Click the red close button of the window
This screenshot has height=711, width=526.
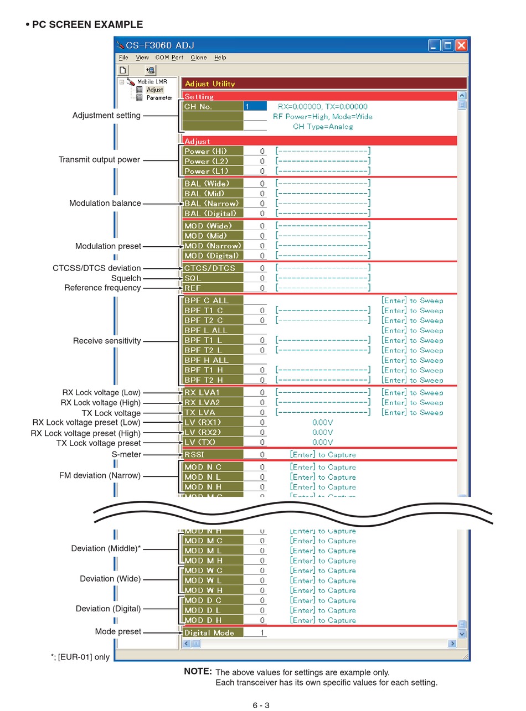click(461, 45)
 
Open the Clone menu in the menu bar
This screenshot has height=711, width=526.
click(198, 57)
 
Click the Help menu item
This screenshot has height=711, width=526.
click(220, 57)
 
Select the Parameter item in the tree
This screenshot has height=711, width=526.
click(159, 97)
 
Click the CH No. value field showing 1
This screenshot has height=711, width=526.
click(255, 106)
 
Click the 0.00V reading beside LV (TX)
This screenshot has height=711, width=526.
click(322, 442)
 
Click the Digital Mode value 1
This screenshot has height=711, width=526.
click(262, 632)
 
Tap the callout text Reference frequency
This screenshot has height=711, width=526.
click(102, 288)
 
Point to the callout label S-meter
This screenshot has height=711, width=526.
click(126, 454)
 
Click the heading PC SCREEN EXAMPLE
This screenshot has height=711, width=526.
click(87, 24)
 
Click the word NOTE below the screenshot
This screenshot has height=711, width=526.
click(198, 671)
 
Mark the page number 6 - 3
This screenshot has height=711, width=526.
click(261, 705)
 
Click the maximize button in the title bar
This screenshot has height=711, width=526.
click(448, 45)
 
